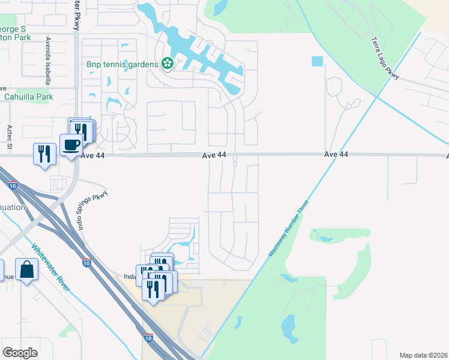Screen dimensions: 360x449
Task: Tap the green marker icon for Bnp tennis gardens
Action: (x=167, y=64)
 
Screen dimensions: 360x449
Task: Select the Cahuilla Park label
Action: (x=28, y=97)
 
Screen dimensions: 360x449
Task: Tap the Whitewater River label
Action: (x=51, y=268)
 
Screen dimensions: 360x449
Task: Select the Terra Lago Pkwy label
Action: (x=385, y=59)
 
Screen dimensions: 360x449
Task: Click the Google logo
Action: (x=20, y=353)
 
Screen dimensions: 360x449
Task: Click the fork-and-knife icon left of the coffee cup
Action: (x=44, y=154)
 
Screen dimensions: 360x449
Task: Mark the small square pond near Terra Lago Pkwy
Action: (x=317, y=61)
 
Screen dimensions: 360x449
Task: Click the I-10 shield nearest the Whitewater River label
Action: (x=86, y=263)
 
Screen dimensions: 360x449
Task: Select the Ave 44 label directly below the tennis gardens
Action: (x=214, y=155)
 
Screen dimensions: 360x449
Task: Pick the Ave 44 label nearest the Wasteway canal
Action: (x=336, y=154)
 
